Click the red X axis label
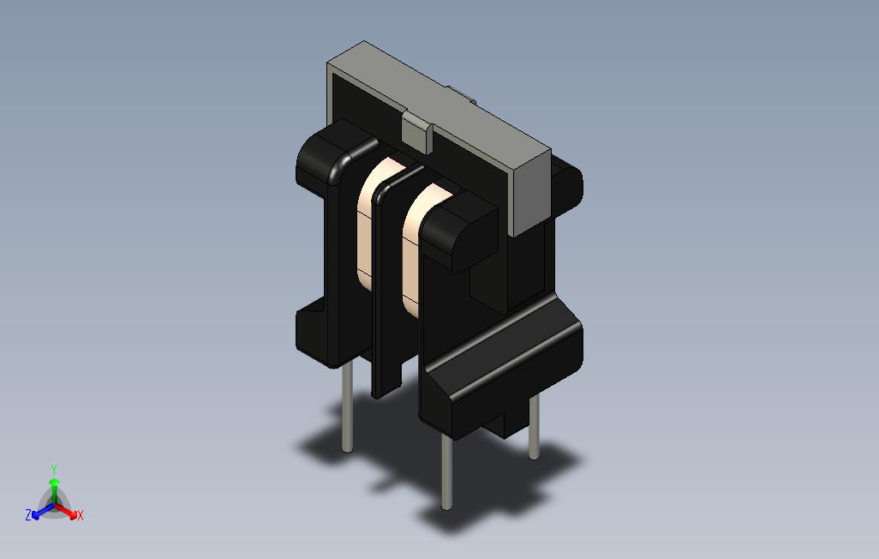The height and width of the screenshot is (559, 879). pos(80,515)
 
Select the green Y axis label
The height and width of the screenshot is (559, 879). pos(53,469)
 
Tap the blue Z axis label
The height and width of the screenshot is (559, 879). pos(28,515)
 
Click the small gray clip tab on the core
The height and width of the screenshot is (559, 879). pos(416,133)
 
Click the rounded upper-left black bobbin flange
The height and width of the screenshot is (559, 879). pos(330,154)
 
